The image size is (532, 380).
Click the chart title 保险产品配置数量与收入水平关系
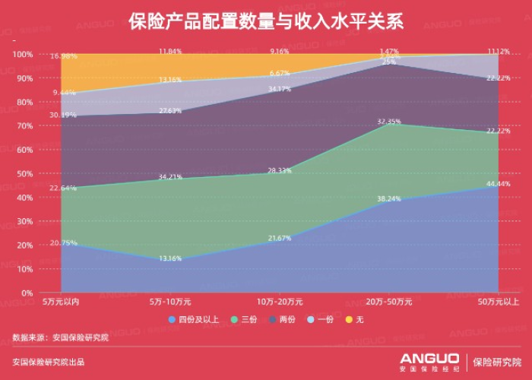(x=266, y=21)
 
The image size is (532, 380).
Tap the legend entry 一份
(x=325, y=320)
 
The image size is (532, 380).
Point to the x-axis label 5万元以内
(x=60, y=302)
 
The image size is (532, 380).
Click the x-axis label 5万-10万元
(x=169, y=302)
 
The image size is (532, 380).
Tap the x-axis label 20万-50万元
(x=388, y=302)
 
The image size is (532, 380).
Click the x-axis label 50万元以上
(x=498, y=302)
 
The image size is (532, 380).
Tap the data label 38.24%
(x=388, y=198)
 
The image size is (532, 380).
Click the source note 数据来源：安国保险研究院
(x=60, y=337)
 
